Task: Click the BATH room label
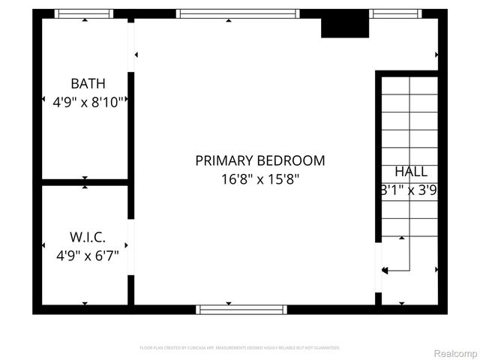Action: click(x=88, y=83)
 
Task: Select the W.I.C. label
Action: click(x=88, y=238)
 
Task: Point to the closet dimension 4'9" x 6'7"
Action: click(x=88, y=255)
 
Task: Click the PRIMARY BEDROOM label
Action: click(x=260, y=160)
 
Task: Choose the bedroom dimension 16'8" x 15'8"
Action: click(x=260, y=179)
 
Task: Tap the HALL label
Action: click(x=410, y=172)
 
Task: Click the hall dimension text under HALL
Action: click(x=409, y=190)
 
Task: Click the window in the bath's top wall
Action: click(x=85, y=13)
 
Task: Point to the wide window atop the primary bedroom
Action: click(x=238, y=13)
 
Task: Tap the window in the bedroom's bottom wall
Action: click(x=241, y=309)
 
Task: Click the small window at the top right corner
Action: click(x=394, y=13)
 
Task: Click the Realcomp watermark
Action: click(x=456, y=352)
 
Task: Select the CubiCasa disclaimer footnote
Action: click(x=240, y=348)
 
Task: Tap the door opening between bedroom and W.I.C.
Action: click(x=131, y=247)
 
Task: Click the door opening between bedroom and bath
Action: click(x=131, y=48)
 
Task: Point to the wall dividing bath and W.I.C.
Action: click(x=85, y=181)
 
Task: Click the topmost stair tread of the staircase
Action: click(x=410, y=85)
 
